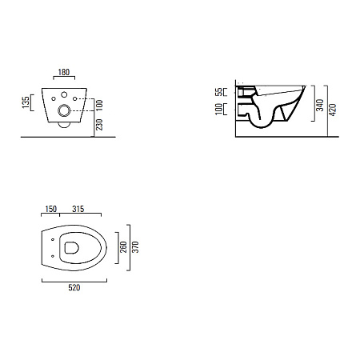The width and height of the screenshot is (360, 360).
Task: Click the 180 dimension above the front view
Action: pyautogui.click(x=64, y=72)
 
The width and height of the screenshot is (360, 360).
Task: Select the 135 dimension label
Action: pyautogui.click(x=26, y=102)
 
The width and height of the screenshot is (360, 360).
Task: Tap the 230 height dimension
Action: pyautogui.click(x=99, y=125)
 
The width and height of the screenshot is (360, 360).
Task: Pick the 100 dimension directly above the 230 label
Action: pyautogui.click(x=99, y=106)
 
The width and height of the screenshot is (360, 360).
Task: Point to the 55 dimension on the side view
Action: pyautogui.click(x=218, y=92)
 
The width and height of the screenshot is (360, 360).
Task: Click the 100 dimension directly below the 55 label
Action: pyautogui.click(x=218, y=109)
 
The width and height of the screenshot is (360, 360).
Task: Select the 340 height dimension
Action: pyautogui.click(x=320, y=105)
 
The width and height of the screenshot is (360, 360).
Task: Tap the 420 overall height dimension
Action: pyautogui.click(x=333, y=110)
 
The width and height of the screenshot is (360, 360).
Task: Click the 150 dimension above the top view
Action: pyautogui.click(x=50, y=209)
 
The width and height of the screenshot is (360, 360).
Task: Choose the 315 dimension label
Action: pyautogui.click(x=78, y=209)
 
